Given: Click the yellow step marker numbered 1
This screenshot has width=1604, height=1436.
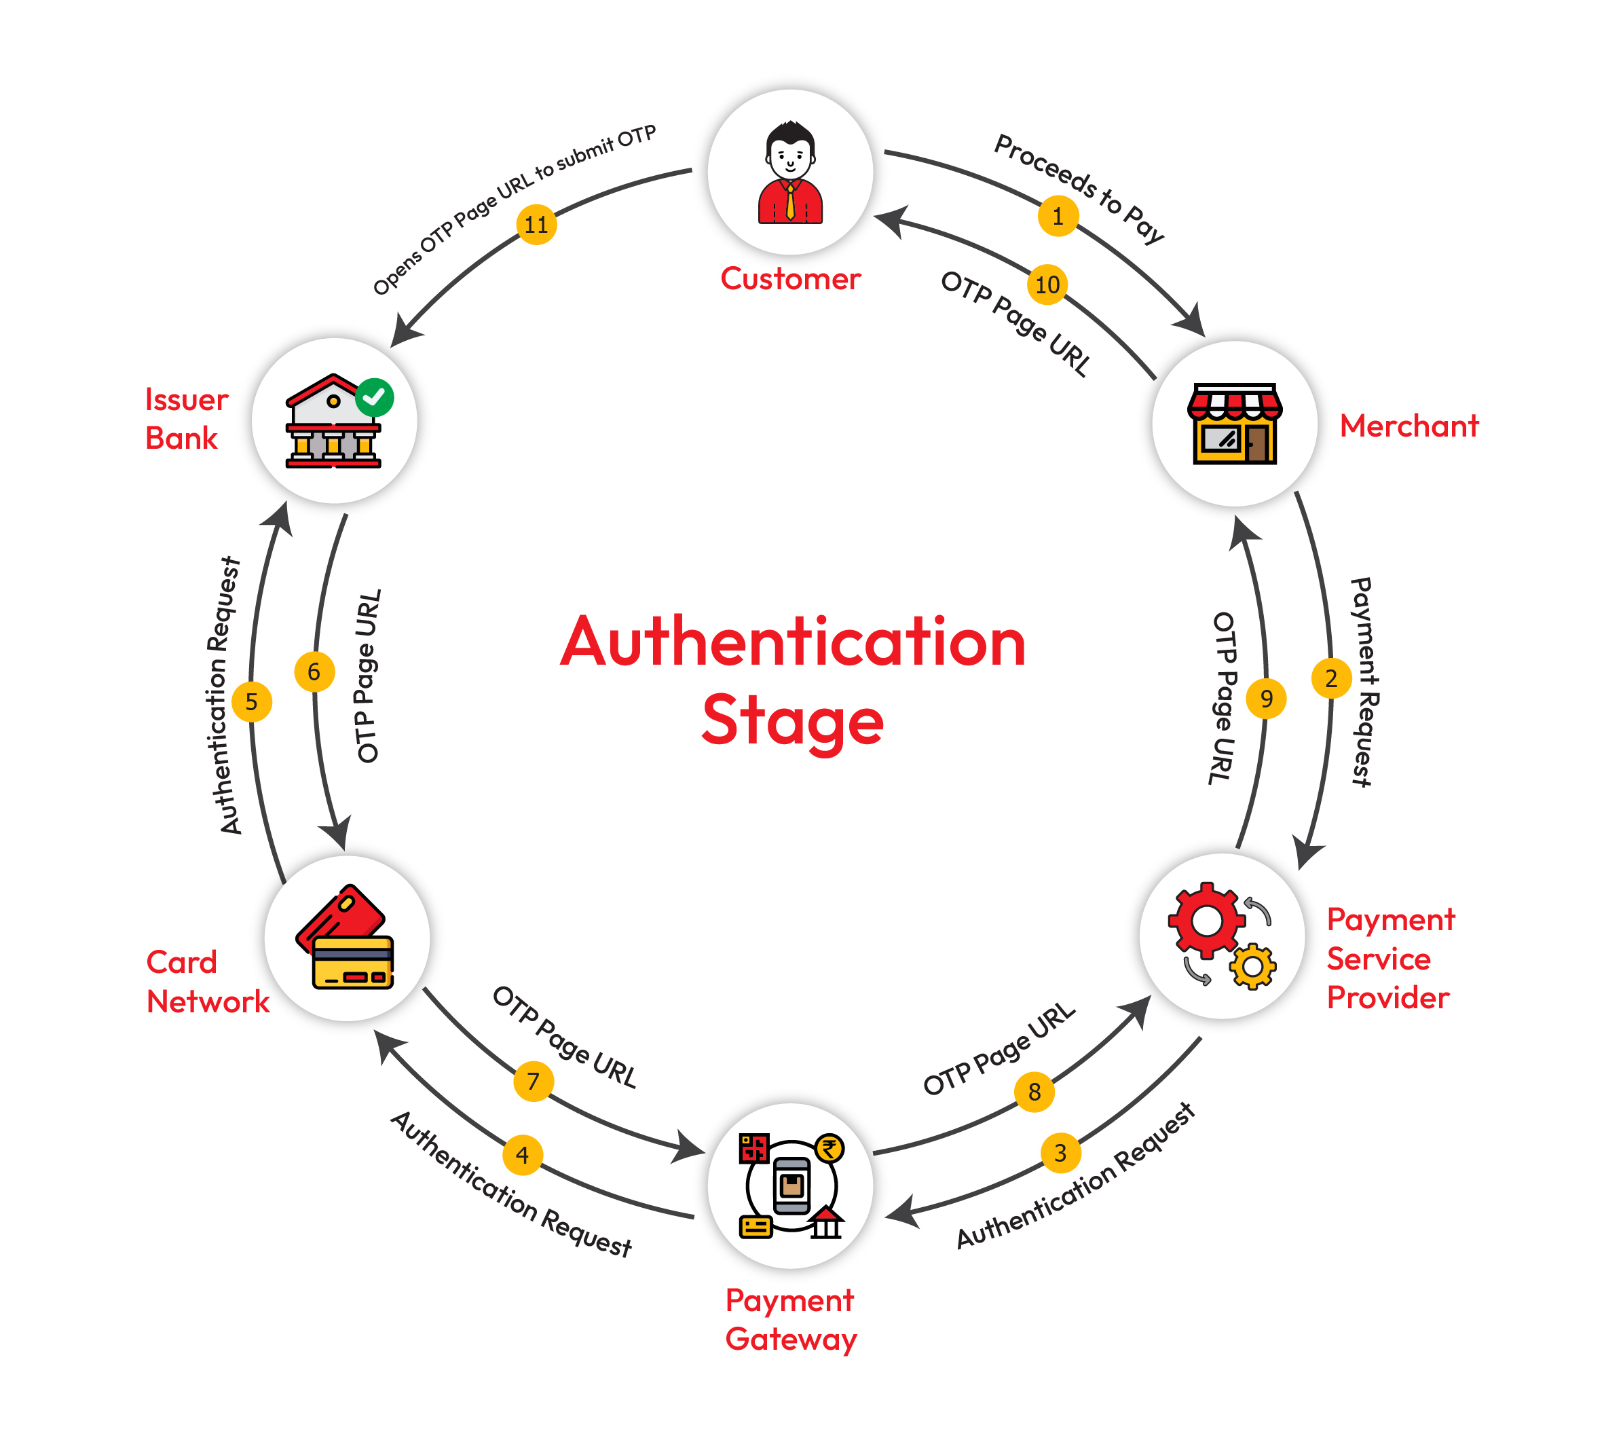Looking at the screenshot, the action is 1058,216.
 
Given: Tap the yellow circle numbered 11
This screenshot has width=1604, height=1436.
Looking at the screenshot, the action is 536,225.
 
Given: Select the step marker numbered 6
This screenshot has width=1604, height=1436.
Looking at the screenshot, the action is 314,671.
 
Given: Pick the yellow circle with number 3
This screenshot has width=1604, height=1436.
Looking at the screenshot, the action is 1060,1153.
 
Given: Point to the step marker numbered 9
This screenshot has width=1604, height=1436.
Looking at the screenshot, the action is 1267,698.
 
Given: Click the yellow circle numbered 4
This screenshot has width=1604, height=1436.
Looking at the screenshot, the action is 522,1155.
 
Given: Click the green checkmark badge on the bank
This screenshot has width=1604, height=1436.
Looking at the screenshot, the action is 374,397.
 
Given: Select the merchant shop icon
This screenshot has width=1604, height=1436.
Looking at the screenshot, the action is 1235,424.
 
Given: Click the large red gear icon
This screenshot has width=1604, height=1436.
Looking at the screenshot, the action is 1206,921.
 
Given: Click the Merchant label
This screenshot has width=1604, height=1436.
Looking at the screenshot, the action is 1409,426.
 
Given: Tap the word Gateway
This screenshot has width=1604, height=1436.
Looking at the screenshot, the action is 791,1340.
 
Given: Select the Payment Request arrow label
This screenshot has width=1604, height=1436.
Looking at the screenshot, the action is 1362,682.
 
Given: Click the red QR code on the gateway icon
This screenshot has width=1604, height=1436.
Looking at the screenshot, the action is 753,1149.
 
